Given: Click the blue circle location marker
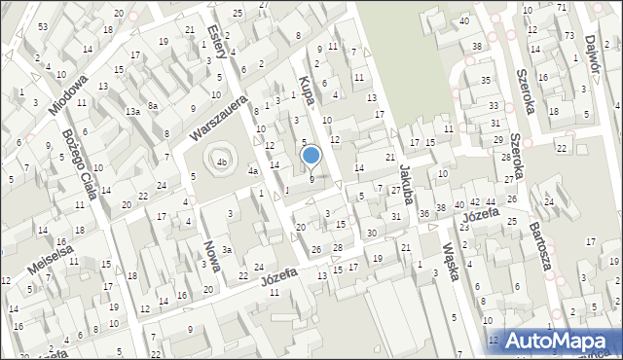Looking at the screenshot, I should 311,154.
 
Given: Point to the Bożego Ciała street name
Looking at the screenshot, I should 78,163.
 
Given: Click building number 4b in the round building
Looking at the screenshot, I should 222,162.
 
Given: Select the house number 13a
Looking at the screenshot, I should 133,112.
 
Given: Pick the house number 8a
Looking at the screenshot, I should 153,105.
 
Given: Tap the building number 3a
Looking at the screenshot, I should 226,250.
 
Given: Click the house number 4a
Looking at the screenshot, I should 252,172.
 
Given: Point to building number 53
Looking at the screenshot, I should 43,26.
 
